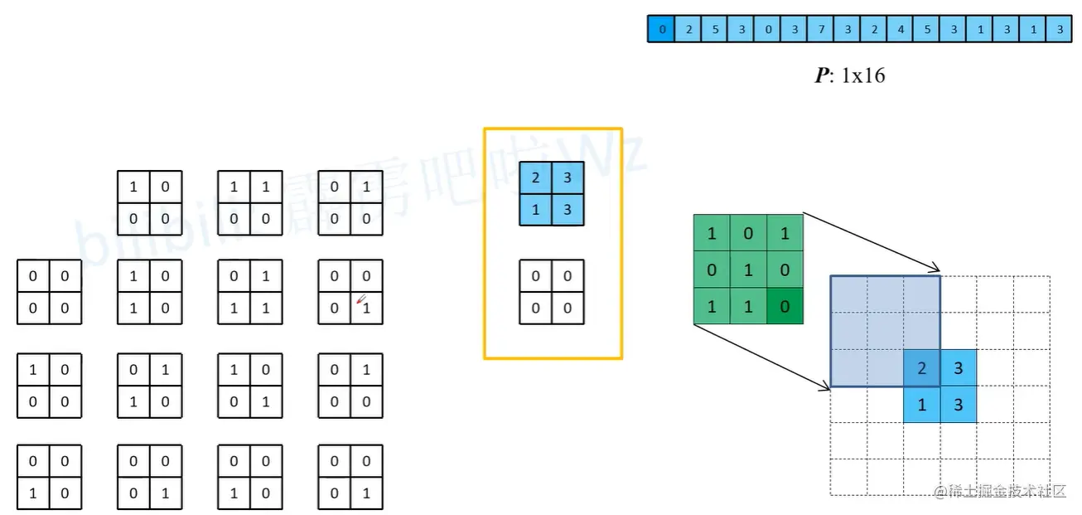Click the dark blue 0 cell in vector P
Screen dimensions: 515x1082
click(x=661, y=30)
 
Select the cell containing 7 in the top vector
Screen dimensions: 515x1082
click(x=820, y=30)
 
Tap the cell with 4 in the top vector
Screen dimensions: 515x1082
click(x=901, y=30)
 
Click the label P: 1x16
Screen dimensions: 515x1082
click(x=849, y=75)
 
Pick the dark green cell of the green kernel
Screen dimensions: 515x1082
click(x=785, y=306)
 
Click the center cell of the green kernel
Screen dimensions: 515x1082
click(x=748, y=270)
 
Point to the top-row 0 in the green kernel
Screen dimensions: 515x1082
click(x=748, y=233)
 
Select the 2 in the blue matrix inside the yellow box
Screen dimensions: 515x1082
click(x=535, y=178)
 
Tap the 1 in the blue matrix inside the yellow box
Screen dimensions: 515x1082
click(x=535, y=210)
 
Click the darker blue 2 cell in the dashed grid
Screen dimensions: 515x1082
click(x=922, y=367)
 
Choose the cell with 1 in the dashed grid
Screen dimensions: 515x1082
click(x=922, y=405)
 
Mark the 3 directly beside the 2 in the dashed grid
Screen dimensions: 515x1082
click(x=959, y=367)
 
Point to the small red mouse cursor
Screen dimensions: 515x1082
click(x=360, y=300)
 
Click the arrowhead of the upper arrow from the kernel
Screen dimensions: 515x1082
click(x=937, y=268)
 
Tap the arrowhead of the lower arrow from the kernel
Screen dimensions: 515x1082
click(x=826, y=385)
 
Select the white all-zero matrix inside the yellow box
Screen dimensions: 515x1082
click(x=551, y=292)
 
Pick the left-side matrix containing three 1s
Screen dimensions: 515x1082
click(x=250, y=292)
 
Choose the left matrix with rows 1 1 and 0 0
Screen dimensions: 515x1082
click(x=250, y=203)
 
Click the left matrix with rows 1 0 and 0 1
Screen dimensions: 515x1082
click(x=250, y=386)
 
